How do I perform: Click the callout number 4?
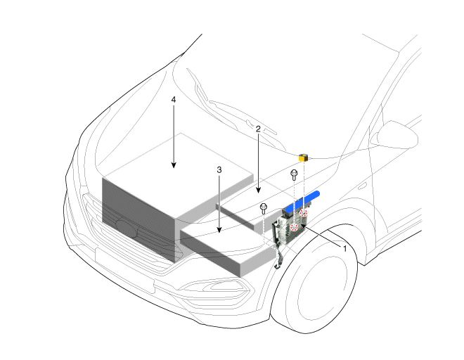[174, 100]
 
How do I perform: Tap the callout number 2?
[258, 129]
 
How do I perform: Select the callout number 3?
[219, 170]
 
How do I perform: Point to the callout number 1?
[344, 249]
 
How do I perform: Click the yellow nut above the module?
[303, 157]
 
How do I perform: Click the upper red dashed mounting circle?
[304, 212]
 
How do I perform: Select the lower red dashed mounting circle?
[294, 227]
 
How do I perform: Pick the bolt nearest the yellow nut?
[294, 174]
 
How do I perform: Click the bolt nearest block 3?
[264, 209]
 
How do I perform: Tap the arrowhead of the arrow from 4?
[174, 165]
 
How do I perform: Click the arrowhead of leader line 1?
[303, 226]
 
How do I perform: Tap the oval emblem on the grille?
[127, 229]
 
